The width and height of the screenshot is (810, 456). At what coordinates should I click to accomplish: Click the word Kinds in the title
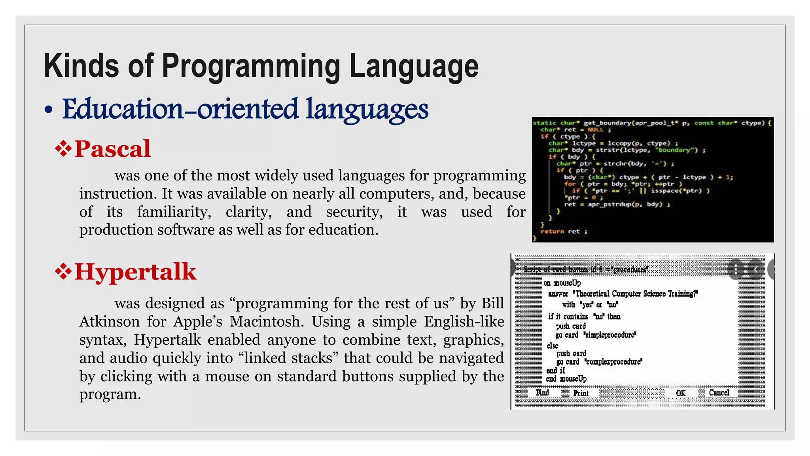pyautogui.click(x=81, y=66)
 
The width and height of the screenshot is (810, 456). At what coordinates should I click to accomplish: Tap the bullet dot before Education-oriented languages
pyautogui.click(x=49, y=111)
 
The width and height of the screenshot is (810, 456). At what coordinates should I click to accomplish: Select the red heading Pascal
pyautogui.click(x=112, y=149)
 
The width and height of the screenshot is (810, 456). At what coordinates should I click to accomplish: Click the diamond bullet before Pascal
pyautogui.click(x=63, y=149)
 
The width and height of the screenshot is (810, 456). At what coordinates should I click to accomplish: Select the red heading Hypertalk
pyautogui.click(x=135, y=272)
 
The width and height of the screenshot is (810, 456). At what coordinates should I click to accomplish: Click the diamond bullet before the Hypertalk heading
pyautogui.click(x=63, y=272)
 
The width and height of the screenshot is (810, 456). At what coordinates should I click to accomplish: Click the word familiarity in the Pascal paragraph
pyautogui.click(x=174, y=212)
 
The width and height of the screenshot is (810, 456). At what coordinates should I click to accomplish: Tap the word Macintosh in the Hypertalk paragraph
pyautogui.click(x=267, y=321)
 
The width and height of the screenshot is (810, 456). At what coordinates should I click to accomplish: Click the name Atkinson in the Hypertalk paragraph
pyautogui.click(x=110, y=321)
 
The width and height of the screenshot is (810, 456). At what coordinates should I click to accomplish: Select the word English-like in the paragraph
pyautogui.click(x=464, y=321)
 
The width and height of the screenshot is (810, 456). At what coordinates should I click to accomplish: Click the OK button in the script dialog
pyautogui.click(x=681, y=393)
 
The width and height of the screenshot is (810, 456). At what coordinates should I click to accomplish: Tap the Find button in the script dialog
pyautogui.click(x=542, y=393)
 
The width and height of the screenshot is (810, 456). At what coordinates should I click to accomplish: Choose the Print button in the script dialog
pyautogui.click(x=581, y=393)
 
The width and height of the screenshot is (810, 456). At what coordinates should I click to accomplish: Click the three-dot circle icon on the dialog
pyautogui.click(x=736, y=270)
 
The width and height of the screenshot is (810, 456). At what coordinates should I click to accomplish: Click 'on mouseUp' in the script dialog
pyautogui.click(x=562, y=283)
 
